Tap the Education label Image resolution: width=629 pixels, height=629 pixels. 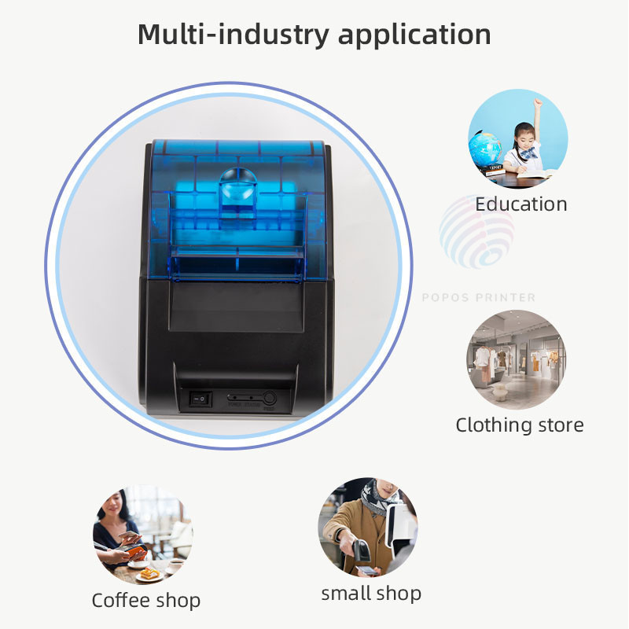tap(520, 204)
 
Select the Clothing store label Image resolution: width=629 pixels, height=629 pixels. tap(520, 425)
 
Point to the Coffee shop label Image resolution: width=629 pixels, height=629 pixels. tap(146, 601)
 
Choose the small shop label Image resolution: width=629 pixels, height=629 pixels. tap(371, 593)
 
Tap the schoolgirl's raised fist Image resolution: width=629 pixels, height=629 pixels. tap(539, 102)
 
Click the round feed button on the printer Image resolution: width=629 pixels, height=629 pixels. tap(270, 399)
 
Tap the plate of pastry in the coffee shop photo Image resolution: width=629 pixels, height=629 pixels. tap(149, 574)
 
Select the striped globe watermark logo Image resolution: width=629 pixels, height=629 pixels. tap(476, 232)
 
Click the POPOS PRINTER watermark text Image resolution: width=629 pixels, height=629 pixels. tap(479, 298)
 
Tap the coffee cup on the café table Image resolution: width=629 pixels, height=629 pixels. tap(176, 565)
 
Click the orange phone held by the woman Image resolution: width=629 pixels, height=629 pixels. tap(134, 543)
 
